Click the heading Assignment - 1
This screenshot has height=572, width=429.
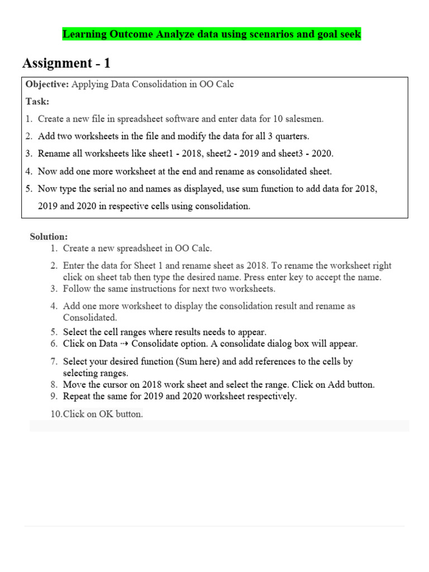[66, 63]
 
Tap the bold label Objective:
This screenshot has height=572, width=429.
[47, 84]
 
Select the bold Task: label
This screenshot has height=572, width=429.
[37, 101]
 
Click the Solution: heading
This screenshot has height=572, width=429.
[49, 236]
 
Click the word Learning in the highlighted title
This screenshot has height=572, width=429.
[84, 34]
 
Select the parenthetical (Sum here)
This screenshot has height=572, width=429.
[199, 361]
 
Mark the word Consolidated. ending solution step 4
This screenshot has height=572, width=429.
[89, 317]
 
